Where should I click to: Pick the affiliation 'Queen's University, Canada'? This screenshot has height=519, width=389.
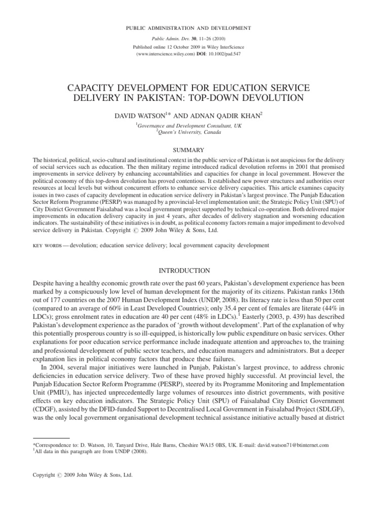pos(194,132)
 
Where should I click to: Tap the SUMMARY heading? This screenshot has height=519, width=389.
pos(194,150)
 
